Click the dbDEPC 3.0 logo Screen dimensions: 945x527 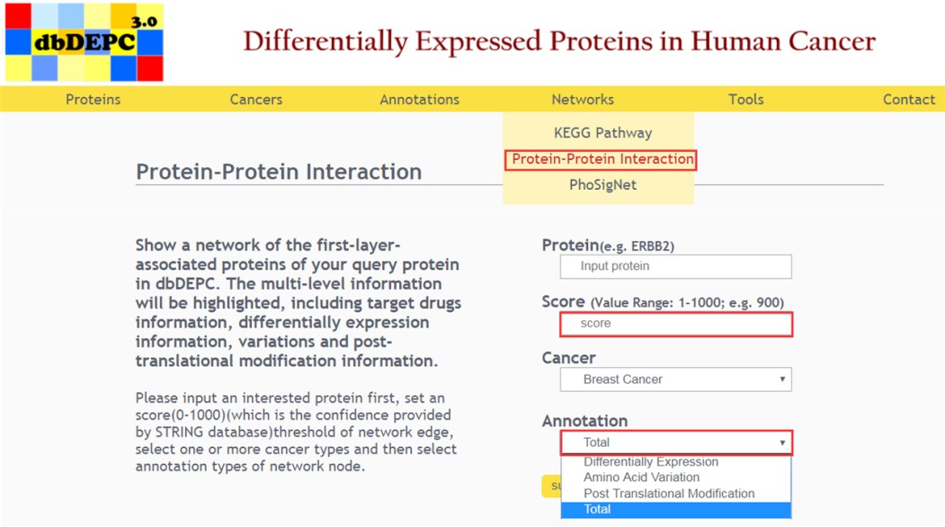85,42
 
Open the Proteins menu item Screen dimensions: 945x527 93,100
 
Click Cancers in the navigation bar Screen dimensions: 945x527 256,100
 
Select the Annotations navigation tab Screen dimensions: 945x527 420,100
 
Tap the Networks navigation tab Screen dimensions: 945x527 583,100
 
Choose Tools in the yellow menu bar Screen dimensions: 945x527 746,100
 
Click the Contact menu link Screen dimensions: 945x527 909,100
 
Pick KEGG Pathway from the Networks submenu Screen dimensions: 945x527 602,133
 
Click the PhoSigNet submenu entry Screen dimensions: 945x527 602,185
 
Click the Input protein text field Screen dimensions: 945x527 675,266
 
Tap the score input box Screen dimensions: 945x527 675,324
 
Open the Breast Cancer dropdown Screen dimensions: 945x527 675,380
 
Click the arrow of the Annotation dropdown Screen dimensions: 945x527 782,442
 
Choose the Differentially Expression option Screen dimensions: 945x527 651,462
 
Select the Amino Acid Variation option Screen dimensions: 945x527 641,478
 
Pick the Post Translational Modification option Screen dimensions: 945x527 669,493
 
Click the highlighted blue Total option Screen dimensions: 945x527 675,510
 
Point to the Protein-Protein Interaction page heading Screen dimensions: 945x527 279,172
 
